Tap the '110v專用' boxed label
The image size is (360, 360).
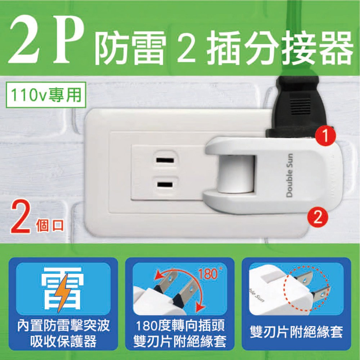[x=46, y=95]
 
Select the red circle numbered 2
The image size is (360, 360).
[x=318, y=216]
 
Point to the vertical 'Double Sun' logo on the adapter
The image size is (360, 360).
[x=290, y=175]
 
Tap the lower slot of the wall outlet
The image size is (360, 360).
[x=165, y=184]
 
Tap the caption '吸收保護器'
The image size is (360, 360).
[x=63, y=341]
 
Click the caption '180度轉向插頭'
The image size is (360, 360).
[x=180, y=326]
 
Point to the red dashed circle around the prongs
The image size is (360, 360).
[x=307, y=289]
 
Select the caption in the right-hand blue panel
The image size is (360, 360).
[x=296, y=332]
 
